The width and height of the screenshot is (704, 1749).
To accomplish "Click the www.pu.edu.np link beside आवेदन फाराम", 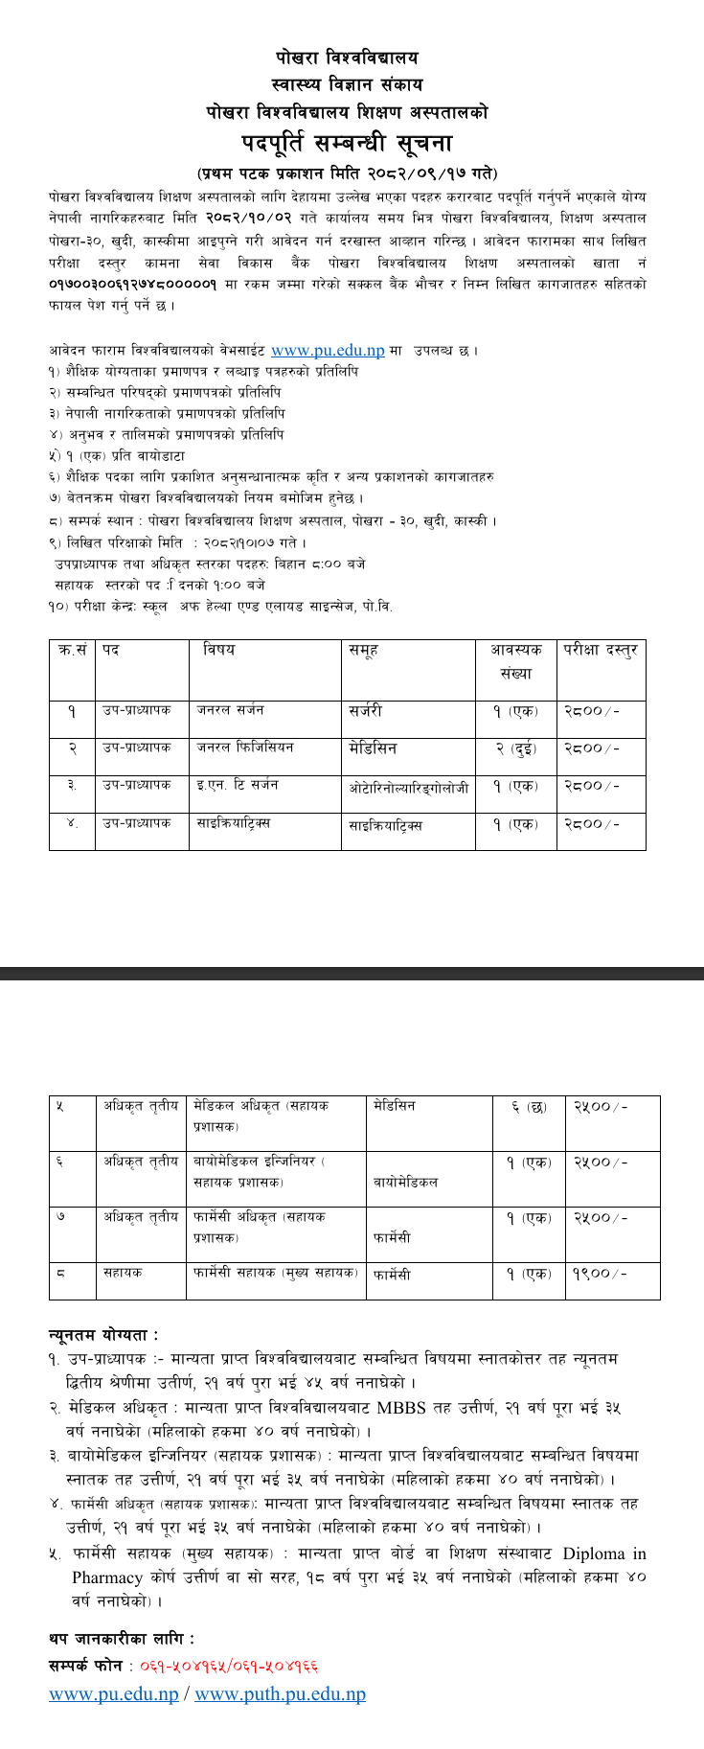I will (328, 352).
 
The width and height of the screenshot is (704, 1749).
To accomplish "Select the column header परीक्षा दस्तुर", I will (601, 650).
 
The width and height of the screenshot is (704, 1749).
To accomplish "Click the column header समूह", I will (365, 650).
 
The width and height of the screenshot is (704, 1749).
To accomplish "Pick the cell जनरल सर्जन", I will (231, 710).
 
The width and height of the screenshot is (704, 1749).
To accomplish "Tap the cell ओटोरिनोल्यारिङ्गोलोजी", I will (409, 788).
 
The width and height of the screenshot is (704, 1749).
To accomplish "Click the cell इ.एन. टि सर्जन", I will (238, 785).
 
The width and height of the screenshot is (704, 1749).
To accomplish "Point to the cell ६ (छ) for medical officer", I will (530, 1107).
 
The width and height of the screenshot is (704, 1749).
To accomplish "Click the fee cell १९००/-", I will (601, 1275).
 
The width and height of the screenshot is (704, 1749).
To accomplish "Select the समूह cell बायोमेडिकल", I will (406, 1182).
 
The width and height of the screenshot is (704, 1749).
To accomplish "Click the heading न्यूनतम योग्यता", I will (103, 1335).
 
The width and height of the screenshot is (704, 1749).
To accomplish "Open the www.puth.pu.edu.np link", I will (280, 1694).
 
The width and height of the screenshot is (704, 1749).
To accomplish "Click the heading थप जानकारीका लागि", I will (121, 1640).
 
